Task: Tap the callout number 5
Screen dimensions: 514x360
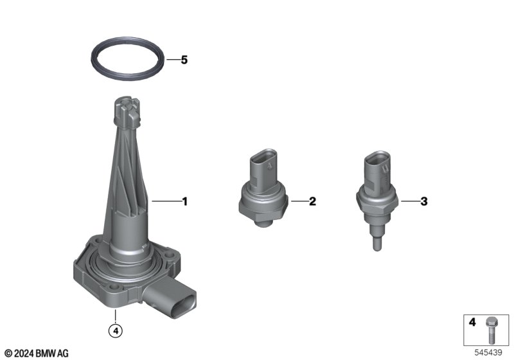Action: [184, 60]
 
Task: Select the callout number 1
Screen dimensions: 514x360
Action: [185, 202]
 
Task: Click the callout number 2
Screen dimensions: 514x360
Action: [312, 201]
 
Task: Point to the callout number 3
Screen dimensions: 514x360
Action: [424, 201]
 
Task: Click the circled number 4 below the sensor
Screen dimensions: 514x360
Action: [116, 330]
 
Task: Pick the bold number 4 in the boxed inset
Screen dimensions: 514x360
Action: [472, 322]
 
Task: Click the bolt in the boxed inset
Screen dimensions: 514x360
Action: [491, 330]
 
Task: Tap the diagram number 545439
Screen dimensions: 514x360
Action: [488, 353]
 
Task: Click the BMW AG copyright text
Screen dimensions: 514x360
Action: [37, 354]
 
